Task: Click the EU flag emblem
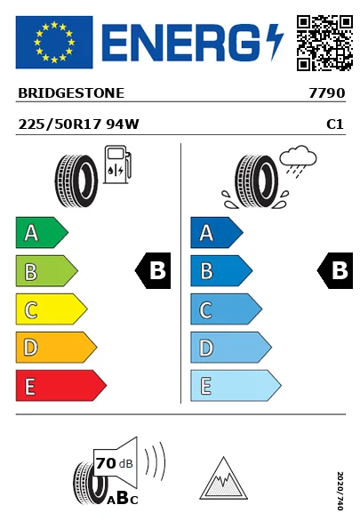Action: tap(54, 42)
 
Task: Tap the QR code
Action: tap(324, 43)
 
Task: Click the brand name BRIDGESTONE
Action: tap(71, 93)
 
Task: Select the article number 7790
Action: tap(327, 93)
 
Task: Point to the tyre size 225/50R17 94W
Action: tap(78, 124)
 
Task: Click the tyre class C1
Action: tap(335, 124)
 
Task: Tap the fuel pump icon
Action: tap(117, 164)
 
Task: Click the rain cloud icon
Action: tap(298, 161)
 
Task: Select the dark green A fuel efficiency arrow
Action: tap(42, 232)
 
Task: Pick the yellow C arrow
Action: tap(52, 309)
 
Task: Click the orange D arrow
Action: tap(56, 348)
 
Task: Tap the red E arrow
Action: tap(60, 386)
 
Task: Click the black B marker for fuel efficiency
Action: tap(153, 270)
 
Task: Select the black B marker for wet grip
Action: tap(335, 270)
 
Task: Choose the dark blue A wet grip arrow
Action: tap(217, 232)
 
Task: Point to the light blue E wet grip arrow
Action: tap(236, 386)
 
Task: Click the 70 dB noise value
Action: tap(115, 463)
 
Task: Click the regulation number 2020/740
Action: tap(340, 491)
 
